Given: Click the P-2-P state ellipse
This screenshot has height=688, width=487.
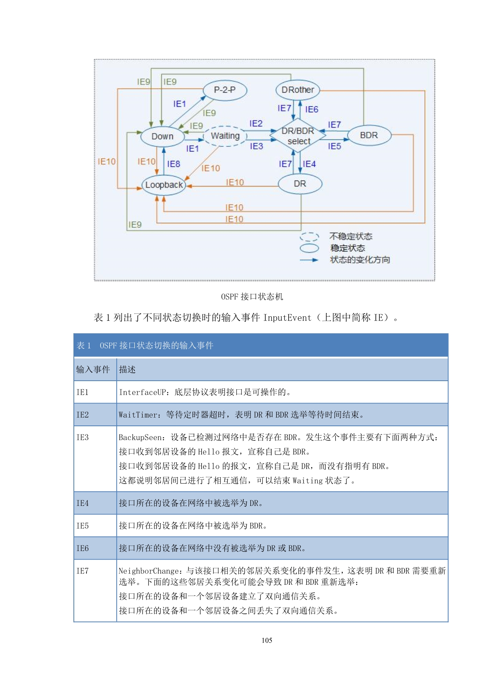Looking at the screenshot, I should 225,90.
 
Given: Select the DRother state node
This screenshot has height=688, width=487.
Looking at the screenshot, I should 298,90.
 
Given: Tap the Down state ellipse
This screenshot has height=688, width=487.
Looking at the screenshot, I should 162,137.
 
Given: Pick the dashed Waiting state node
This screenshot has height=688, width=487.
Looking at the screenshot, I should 225,136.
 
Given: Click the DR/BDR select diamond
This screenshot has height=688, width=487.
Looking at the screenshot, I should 298,136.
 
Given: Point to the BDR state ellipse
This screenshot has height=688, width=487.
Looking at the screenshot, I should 369,135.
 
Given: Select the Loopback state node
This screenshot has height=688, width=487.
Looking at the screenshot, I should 164,185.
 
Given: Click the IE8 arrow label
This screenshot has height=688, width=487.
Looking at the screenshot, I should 174,164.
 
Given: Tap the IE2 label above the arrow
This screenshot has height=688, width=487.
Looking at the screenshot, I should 256,124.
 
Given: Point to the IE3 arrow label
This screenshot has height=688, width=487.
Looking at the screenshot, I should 256,146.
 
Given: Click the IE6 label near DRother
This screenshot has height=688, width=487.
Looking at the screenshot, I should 311,109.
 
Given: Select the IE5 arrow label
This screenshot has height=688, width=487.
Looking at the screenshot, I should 335,146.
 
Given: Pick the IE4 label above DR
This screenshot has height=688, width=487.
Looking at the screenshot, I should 309,164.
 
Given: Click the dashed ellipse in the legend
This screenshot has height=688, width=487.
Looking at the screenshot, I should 309,237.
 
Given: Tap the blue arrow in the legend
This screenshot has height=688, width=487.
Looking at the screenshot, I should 309,260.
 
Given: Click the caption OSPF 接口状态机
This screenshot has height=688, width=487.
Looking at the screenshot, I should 252,297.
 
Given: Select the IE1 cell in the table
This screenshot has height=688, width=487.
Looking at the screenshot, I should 82,392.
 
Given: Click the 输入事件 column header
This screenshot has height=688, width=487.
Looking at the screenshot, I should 93,369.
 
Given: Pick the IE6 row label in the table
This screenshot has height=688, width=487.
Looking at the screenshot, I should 82,548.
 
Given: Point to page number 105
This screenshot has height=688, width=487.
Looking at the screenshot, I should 267,640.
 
